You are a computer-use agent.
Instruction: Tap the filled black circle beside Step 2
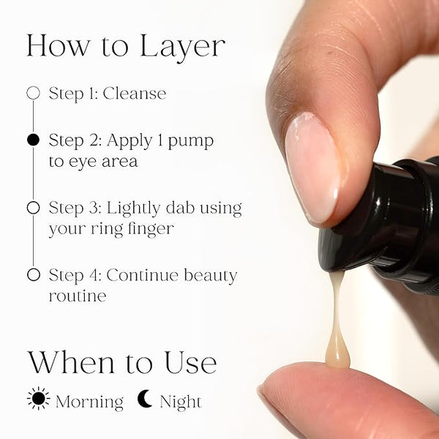34,140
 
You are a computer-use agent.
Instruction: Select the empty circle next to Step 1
34,93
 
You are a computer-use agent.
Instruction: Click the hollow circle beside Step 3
34,208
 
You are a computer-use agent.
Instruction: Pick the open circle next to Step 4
34,274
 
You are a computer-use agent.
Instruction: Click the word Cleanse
135,93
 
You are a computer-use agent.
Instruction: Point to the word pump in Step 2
191,141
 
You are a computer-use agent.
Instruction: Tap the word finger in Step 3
150,230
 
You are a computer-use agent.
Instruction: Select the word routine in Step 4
78,296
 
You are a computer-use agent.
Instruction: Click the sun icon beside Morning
39,399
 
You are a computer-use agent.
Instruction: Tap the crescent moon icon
145,399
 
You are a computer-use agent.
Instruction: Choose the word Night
181,402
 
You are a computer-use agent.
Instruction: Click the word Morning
89,402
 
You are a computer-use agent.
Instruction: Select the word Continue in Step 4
142,275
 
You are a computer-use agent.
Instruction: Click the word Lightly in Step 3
133,209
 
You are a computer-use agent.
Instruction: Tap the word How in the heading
59,45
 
